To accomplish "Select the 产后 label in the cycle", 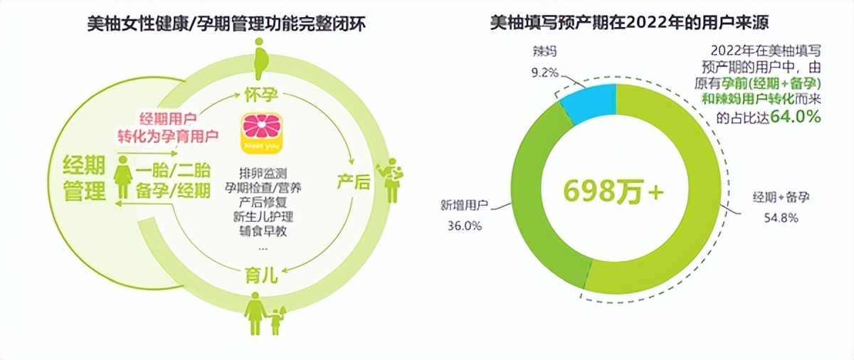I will point(353,183).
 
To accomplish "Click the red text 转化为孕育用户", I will point(168,134).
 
